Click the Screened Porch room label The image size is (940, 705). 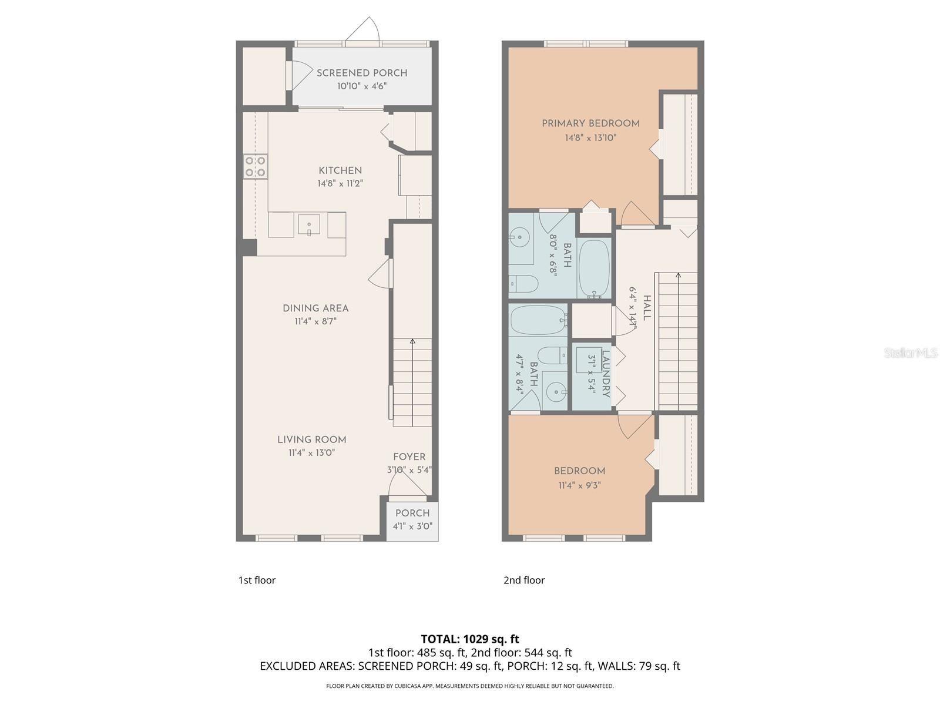coord(362,73)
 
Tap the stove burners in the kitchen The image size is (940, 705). coord(256,166)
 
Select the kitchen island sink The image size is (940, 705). coord(308,224)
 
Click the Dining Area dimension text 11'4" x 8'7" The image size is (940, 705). coord(315,321)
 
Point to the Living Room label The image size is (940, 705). coord(311,439)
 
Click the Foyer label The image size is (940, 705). coord(409,456)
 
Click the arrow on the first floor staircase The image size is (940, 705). coord(412,342)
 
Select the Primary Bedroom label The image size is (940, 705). coord(590,123)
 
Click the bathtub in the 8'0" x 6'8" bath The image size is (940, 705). coord(595,268)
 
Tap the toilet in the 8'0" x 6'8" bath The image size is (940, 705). coord(523,284)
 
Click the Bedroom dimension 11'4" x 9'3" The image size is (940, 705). coord(579,485)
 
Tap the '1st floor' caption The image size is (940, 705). coord(257,580)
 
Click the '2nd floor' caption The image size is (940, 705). coord(524,580)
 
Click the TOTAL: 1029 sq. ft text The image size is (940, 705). coord(470,639)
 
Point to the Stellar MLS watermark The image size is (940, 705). coord(911,352)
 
